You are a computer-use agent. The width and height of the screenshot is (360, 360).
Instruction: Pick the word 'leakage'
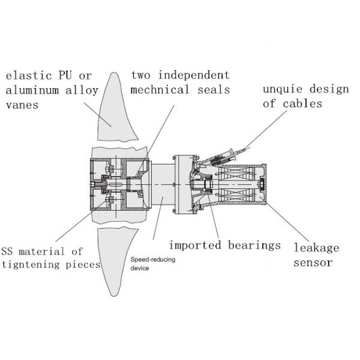[316, 247]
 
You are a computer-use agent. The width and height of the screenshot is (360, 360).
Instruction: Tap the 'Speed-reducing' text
[150, 260]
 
